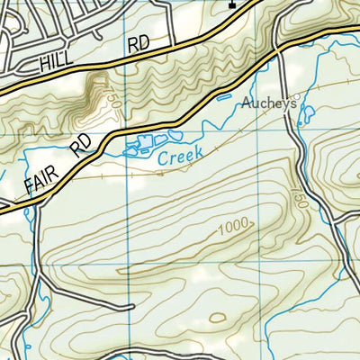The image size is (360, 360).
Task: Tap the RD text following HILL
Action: [x=138, y=44]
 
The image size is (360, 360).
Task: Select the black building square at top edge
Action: [x=231, y=4]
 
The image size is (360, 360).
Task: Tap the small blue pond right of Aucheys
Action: [x=308, y=114]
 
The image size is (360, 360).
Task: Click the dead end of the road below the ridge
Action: [x=133, y=306]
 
